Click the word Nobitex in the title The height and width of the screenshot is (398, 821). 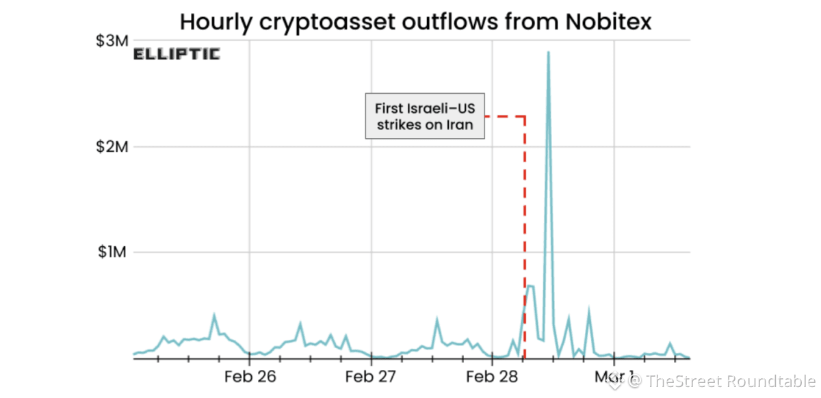(x=608, y=22)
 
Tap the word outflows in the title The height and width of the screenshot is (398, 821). (x=449, y=22)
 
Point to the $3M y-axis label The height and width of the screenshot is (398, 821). (x=112, y=40)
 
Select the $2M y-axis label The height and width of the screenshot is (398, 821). (x=112, y=146)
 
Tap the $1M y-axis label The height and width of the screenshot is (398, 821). (x=112, y=252)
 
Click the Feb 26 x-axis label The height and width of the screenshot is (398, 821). (x=250, y=377)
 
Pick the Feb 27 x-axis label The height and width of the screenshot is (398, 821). (x=371, y=377)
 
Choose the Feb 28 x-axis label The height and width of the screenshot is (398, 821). (x=492, y=377)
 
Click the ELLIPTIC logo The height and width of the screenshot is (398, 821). (x=177, y=54)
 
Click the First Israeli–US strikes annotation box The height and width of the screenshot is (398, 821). (x=425, y=116)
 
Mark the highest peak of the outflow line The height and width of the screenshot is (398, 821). (x=548, y=52)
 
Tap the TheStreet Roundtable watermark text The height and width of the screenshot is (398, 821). (x=731, y=381)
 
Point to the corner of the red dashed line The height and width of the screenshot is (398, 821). (x=525, y=116)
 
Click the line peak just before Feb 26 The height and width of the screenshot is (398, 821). (x=214, y=315)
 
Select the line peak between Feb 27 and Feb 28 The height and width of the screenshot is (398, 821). (x=437, y=319)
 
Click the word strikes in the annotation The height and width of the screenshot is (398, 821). (x=399, y=125)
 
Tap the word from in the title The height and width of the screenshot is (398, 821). (x=531, y=22)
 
